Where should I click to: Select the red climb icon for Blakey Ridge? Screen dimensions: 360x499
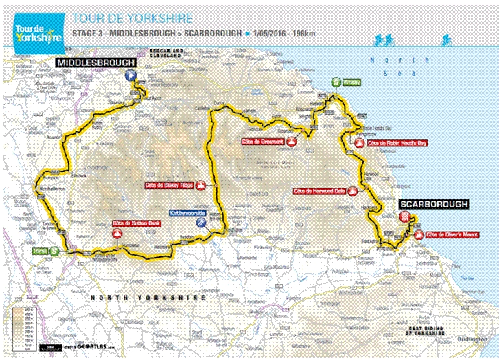point(200,185)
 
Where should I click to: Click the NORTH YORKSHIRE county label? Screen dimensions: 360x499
point(148,299)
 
